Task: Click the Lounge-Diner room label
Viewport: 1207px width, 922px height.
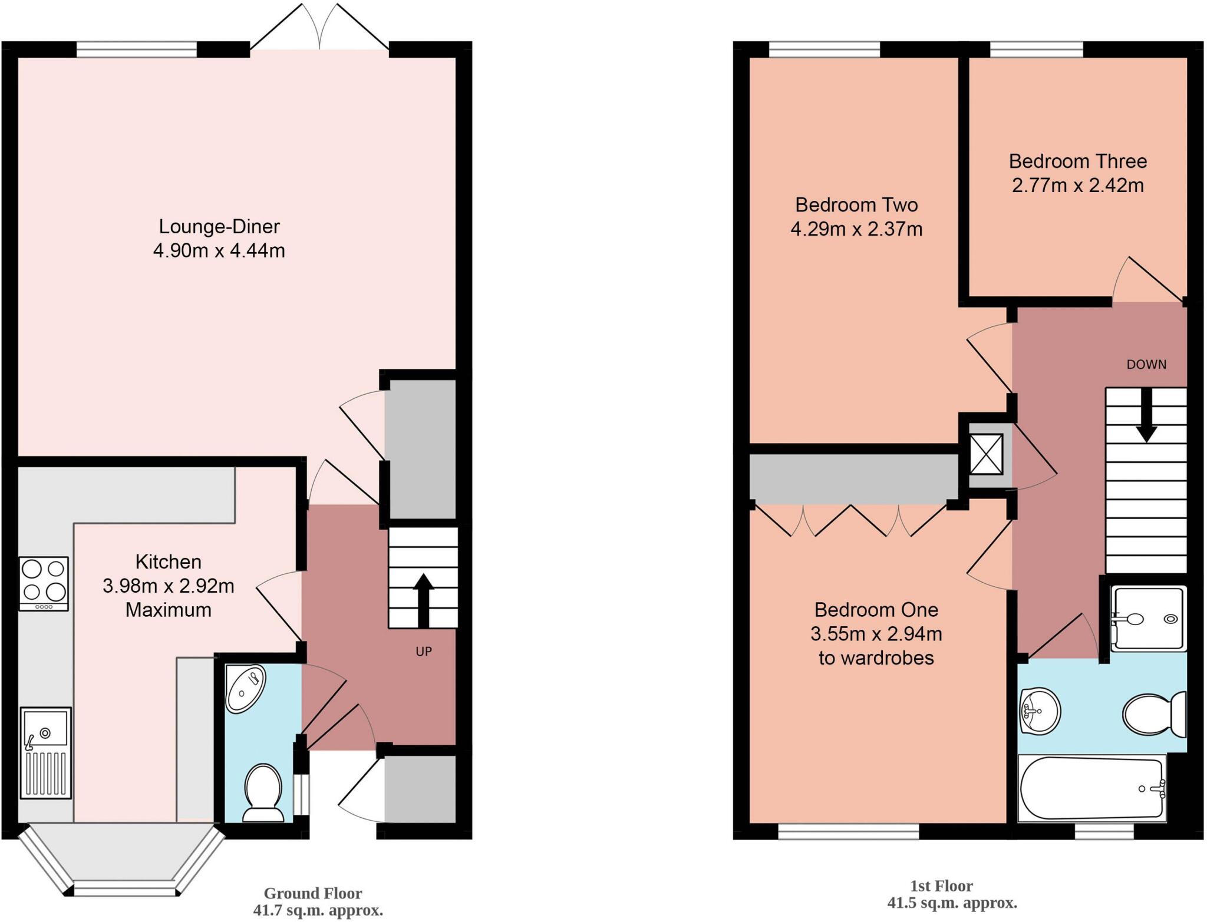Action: pyautogui.click(x=219, y=226)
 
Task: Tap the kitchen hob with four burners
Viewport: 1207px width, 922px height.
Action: pyautogui.click(x=44, y=583)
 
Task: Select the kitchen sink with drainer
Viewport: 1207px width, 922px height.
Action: pyautogui.click(x=46, y=752)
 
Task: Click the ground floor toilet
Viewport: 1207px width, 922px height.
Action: pyautogui.click(x=262, y=793)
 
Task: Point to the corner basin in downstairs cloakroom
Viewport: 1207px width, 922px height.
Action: pyautogui.click(x=245, y=690)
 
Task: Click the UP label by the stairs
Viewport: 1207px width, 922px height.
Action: pyautogui.click(x=424, y=652)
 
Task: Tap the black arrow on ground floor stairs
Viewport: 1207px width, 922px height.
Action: pyautogui.click(x=423, y=600)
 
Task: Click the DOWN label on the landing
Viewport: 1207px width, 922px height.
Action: pyautogui.click(x=1146, y=365)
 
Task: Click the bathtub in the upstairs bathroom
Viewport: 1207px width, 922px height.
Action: pyautogui.click(x=1091, y=789)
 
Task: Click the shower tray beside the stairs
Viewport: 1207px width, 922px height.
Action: pyautogui.click(x=1148, y=618)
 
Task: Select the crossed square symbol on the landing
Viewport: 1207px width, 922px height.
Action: pyautogui.click(x=986, y=454)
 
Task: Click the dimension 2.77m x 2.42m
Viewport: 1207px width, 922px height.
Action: pyautogui.click(x=1077, y=186)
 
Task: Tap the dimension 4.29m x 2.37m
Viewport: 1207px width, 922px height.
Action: pyautogui.click(x=856, y=229)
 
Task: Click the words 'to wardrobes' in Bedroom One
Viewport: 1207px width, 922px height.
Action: pyautogui.click(x=876, y=657)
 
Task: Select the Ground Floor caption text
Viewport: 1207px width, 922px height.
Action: pyautogui.click(x=312, y=893)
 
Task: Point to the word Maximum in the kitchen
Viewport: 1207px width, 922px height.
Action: pyautogui.click(x=168, y=610)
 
